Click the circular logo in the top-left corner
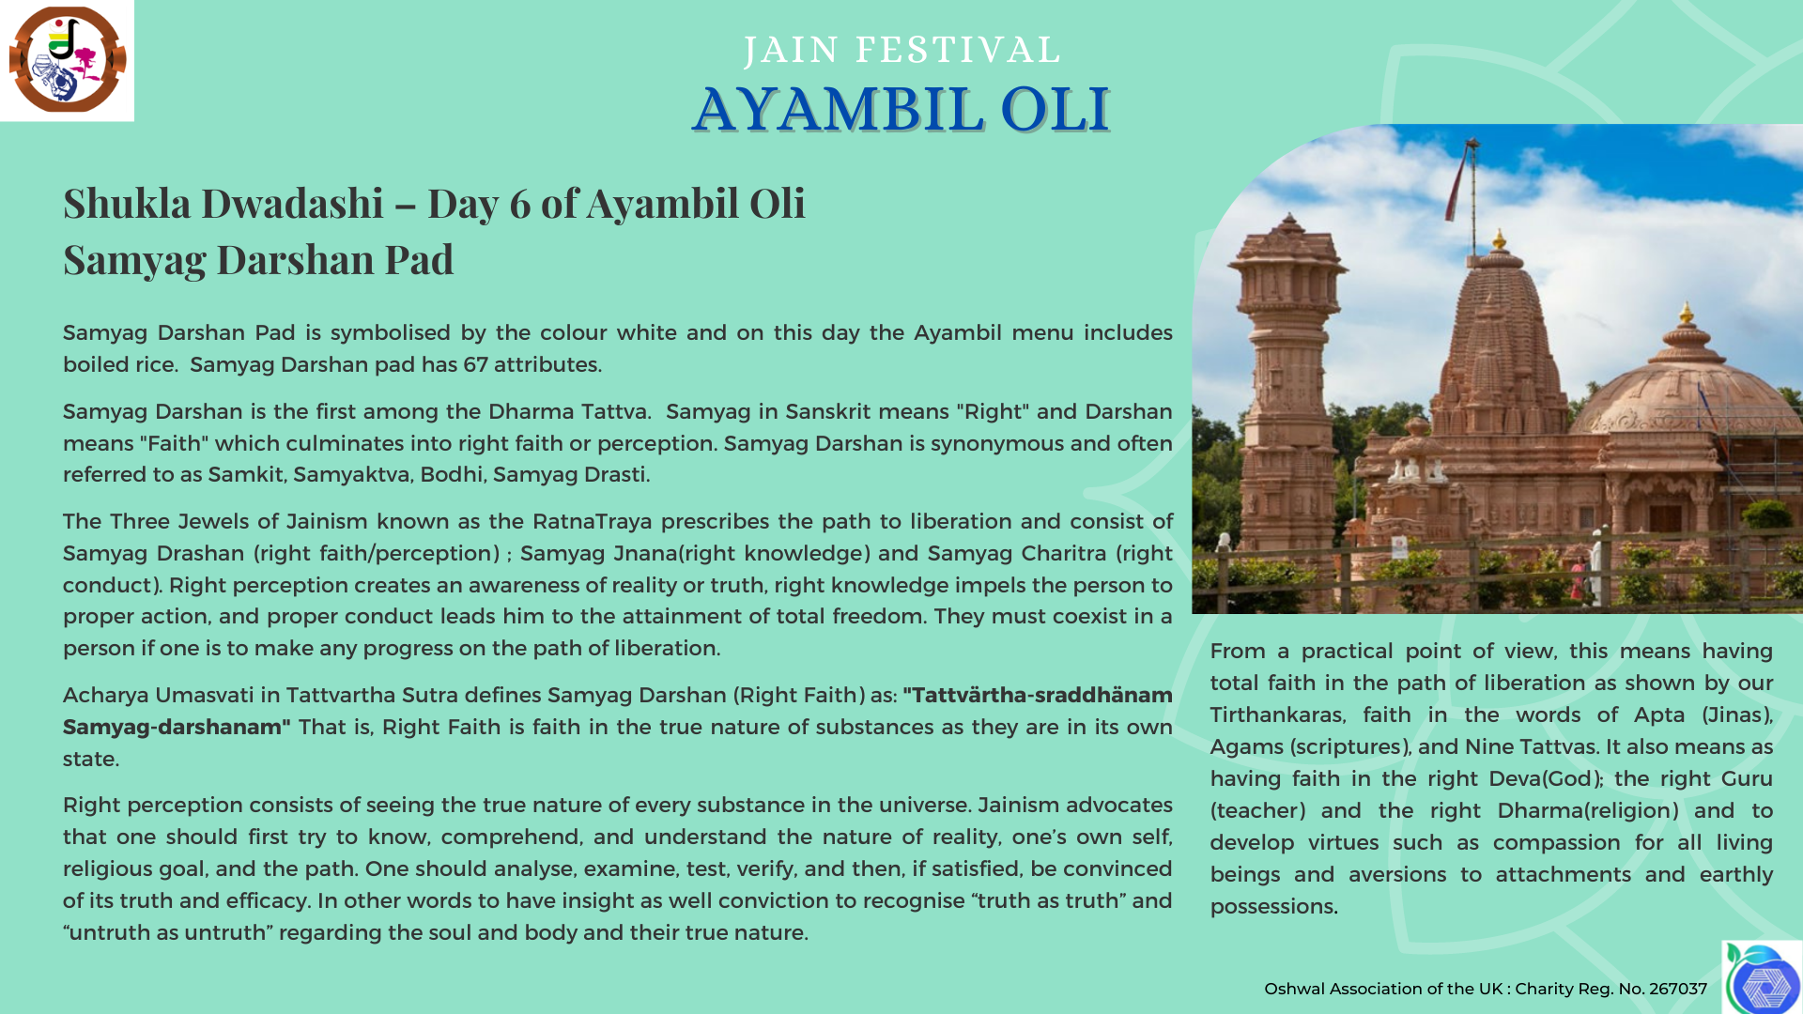coord(68,60)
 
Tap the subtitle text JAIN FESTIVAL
coord(902,50)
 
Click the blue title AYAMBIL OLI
coord(901,109)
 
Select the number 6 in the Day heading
coord(520,204)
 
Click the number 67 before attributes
coord(476,364)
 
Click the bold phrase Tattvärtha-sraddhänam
coord(1038,695)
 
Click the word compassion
coord(1556,843)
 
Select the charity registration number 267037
coord(1678,989)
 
